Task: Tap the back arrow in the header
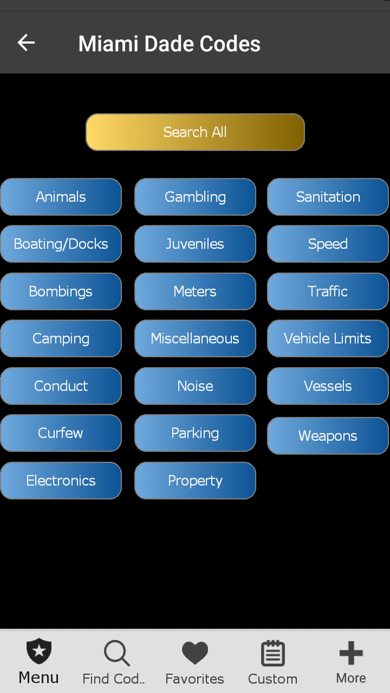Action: coord(26,43)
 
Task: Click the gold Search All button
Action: coord(195,132)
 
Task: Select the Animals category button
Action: coord(61,197)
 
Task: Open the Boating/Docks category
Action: coord(61,244)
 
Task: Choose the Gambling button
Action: coord(195,197)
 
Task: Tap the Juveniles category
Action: coord(195,244)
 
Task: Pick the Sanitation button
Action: coord(328,197)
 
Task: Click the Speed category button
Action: coord(328,244)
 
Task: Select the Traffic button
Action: coord(328,291)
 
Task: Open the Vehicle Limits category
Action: coord(328,338)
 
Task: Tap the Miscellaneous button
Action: coord(195,338)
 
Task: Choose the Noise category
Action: coord(195,386)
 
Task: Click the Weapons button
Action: coord(328,436)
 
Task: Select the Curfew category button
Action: coord(61,433)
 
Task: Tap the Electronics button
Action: coord(61,481)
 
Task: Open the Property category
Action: coord(195,481)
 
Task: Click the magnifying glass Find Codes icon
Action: coord(116,653)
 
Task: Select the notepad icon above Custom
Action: coord(273,653)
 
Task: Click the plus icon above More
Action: coord(351,653)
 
